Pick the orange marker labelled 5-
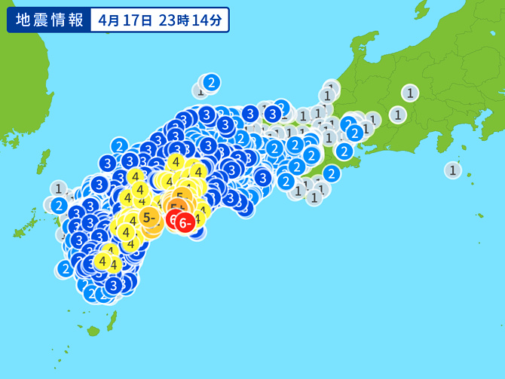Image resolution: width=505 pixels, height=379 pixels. tap(149, 219)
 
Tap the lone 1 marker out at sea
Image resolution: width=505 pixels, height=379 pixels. tap(452, 170)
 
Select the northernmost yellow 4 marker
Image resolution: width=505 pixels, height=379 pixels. tap(176, 161)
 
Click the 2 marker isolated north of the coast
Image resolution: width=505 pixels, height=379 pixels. tap(211, 82)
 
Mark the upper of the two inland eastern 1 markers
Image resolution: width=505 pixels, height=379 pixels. tap(409, 93)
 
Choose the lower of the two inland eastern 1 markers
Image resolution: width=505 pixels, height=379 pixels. tap(396, 115)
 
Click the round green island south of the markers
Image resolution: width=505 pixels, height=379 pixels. tap(93, 330)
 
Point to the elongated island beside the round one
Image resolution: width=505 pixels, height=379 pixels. tap(112, 321)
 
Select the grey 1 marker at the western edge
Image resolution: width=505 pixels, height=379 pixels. tap(59, 188)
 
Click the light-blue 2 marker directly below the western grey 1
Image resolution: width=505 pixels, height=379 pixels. tap(59, 204)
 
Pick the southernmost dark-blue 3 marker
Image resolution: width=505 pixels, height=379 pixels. tap(113, 286)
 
